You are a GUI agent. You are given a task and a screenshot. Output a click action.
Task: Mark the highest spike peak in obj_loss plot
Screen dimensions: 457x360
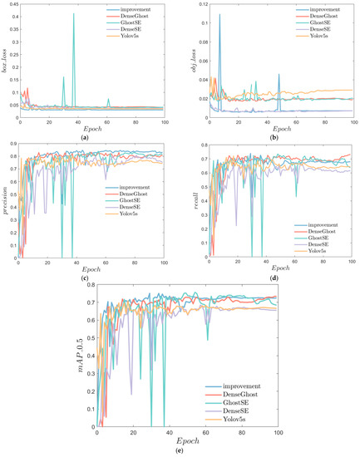[219, 14]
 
